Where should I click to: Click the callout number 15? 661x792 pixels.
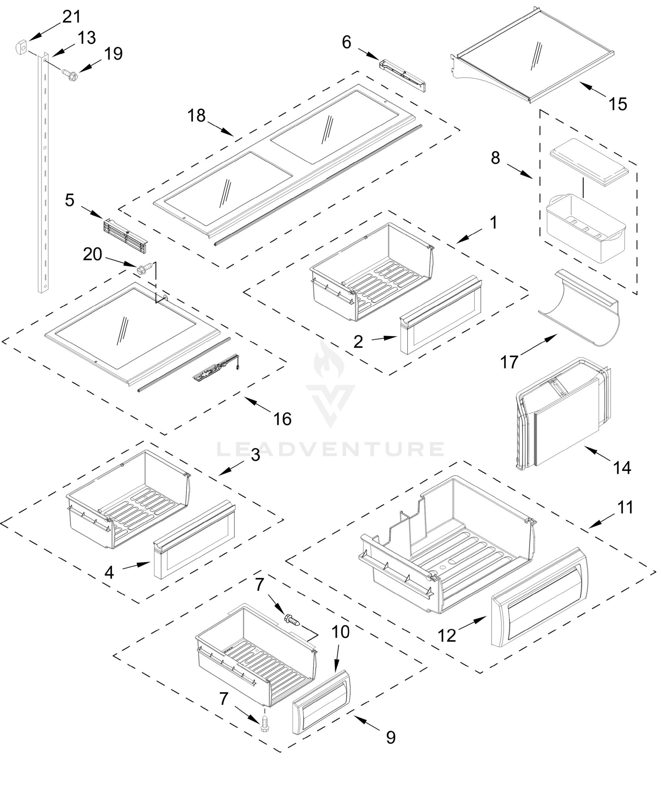[x=618, y=104]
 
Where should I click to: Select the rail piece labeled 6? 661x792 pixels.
[x=402, y=75]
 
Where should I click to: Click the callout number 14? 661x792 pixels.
[x=622, y=468]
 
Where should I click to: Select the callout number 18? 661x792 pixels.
[x=196, y=116]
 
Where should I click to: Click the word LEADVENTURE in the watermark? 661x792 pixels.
[x=330, y=449]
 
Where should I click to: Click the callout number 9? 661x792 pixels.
[x=391, y=737]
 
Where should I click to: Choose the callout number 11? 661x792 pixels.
[x=625, y=507]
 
